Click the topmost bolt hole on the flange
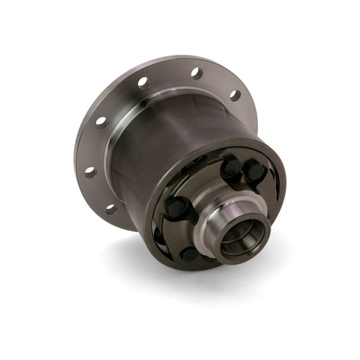click(196, 73)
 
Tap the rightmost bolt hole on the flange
click(234, 95)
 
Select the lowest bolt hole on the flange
click(112, 208)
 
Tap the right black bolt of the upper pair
click(255, 172)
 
